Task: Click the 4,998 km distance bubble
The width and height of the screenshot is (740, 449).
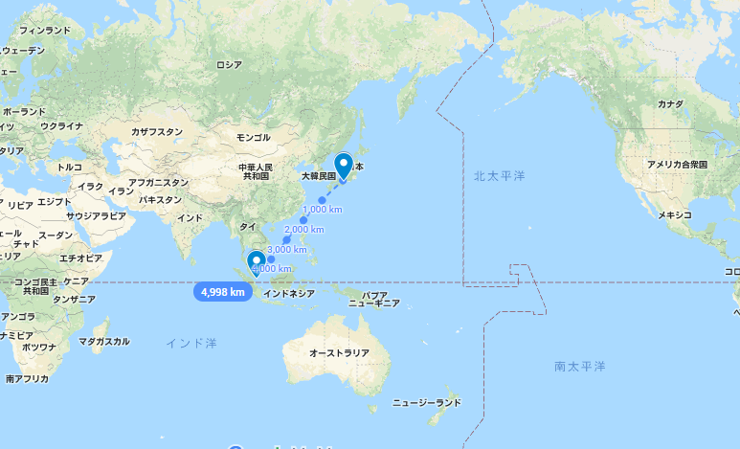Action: [x=223, y=291]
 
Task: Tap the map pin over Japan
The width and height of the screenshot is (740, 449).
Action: [x=343, y=166]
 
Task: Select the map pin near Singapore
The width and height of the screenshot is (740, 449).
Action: [x=257, y=261]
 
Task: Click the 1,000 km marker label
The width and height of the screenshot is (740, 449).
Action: [x=322, y=209]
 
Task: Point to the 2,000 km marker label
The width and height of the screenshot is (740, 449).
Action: [x=304, y=230]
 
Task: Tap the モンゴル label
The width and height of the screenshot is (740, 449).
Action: [x=253, y=137]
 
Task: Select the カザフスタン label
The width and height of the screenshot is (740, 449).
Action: [x=156, y=131]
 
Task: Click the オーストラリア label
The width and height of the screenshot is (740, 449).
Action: [x=339, y=353]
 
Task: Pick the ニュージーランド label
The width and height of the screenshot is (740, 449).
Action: [x=428, y=403]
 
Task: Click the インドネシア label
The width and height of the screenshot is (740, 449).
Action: [x=288, y=294]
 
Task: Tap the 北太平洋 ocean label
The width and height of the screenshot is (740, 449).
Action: [x=500, y=176]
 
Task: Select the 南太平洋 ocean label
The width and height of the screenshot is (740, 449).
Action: [x=580, y=367]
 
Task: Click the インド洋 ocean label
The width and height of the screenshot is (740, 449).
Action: [x=191, y=342]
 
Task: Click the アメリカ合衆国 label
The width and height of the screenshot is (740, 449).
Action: [x=677, y=165]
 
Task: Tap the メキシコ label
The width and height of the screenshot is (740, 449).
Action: [x=674, y=214]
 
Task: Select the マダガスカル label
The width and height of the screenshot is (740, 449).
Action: [x=103, y=341]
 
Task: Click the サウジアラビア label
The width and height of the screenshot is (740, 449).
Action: [x=96, y=216]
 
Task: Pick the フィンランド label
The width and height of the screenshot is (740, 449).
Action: [x=44, y=31]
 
